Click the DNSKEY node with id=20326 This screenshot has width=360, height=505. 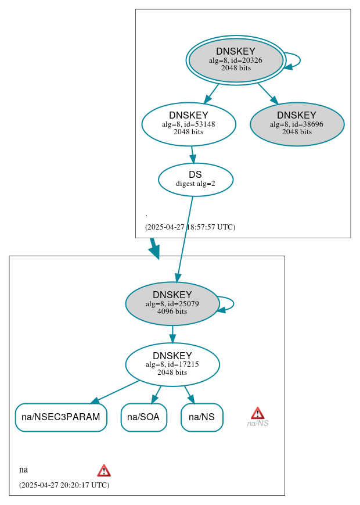click(236, 60)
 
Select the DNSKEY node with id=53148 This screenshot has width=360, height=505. click(189, 124)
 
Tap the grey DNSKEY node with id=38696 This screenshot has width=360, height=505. click(297, 124)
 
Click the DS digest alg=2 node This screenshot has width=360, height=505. click(196, 180)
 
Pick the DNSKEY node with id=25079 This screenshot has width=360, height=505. click(172, 303)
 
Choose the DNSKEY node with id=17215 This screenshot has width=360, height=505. click(172, 364)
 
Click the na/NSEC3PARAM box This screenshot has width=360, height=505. click(61, 417)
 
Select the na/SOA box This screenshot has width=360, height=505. click(144, 417)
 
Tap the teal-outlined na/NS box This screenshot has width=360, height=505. click(202, 417)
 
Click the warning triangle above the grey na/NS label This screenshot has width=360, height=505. click(257, 413)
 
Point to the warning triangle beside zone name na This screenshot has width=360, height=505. click(104, 470)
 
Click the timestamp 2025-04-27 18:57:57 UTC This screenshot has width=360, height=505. click(190, 227)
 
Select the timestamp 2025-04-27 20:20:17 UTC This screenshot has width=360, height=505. click(64, 485)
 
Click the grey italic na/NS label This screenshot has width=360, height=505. click(258, 424)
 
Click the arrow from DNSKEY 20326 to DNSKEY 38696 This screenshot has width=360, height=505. click(268, 93)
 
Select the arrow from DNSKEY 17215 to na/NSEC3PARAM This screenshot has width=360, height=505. click(116, 391)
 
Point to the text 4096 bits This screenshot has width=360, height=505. click(172, 311)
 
